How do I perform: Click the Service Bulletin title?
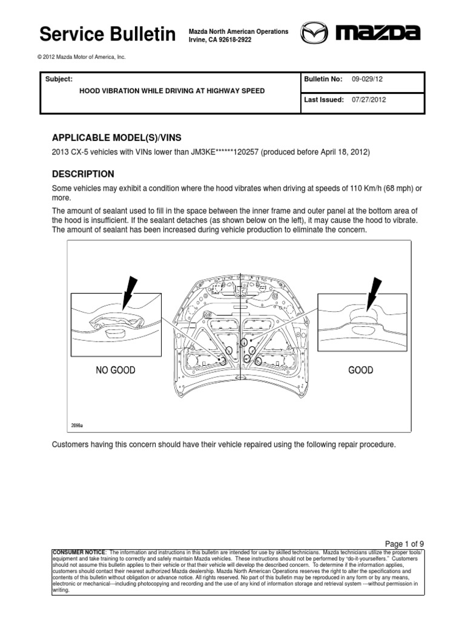(x=107, y=35)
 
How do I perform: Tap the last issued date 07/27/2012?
(x=369, y=100)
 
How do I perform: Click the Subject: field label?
(x=59, y=79)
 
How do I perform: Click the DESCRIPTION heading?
(x=84, y=174)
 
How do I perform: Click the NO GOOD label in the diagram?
(x=115, y=370)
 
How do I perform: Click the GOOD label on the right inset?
(x=361, y=370)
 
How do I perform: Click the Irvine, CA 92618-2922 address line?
(x=220, y=39)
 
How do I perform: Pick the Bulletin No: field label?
(x=325, y=79)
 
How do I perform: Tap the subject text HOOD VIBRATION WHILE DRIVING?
(x=173, y=91)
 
